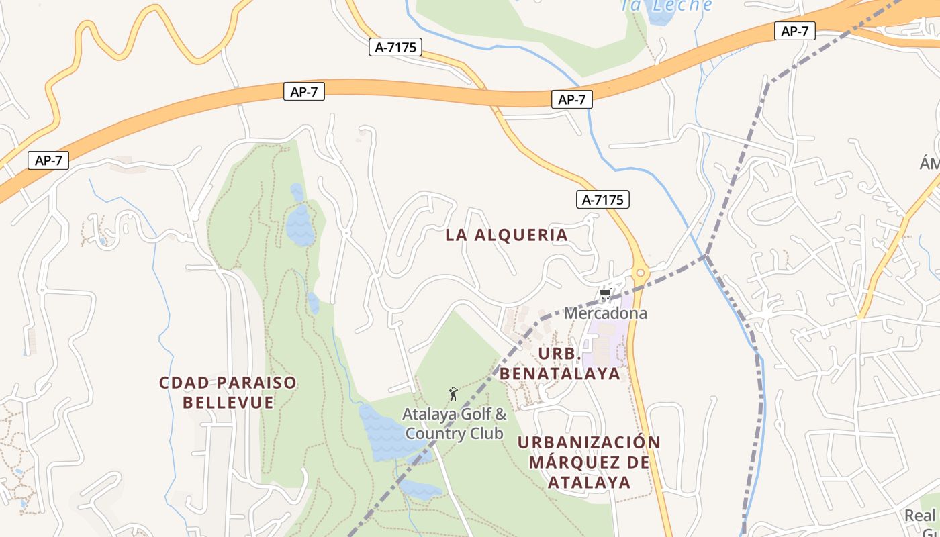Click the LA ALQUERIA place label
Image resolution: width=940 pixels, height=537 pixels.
pos(507,235)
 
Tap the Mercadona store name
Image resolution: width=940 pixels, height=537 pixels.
pos(606,313)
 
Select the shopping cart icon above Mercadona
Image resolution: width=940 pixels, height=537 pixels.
pos(605,295)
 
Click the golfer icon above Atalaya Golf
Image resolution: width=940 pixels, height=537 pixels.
pos(453,394)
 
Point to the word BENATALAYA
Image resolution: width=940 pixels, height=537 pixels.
pos(561,374)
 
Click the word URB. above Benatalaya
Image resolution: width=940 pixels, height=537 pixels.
pos(559,353)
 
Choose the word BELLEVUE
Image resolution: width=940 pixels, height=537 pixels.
pos(228,403)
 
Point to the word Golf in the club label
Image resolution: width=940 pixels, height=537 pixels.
pos(473,414)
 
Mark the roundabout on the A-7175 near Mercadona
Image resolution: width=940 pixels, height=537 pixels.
pos(640,273)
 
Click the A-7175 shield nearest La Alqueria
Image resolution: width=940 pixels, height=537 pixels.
pos(602,199)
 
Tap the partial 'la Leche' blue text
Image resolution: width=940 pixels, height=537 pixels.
pos(667,5)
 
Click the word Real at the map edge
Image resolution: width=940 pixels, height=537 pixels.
pos(919,516)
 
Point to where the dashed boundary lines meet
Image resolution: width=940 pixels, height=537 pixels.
pos(706,256)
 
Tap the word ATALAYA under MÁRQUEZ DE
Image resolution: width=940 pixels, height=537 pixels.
pos(589,483)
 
